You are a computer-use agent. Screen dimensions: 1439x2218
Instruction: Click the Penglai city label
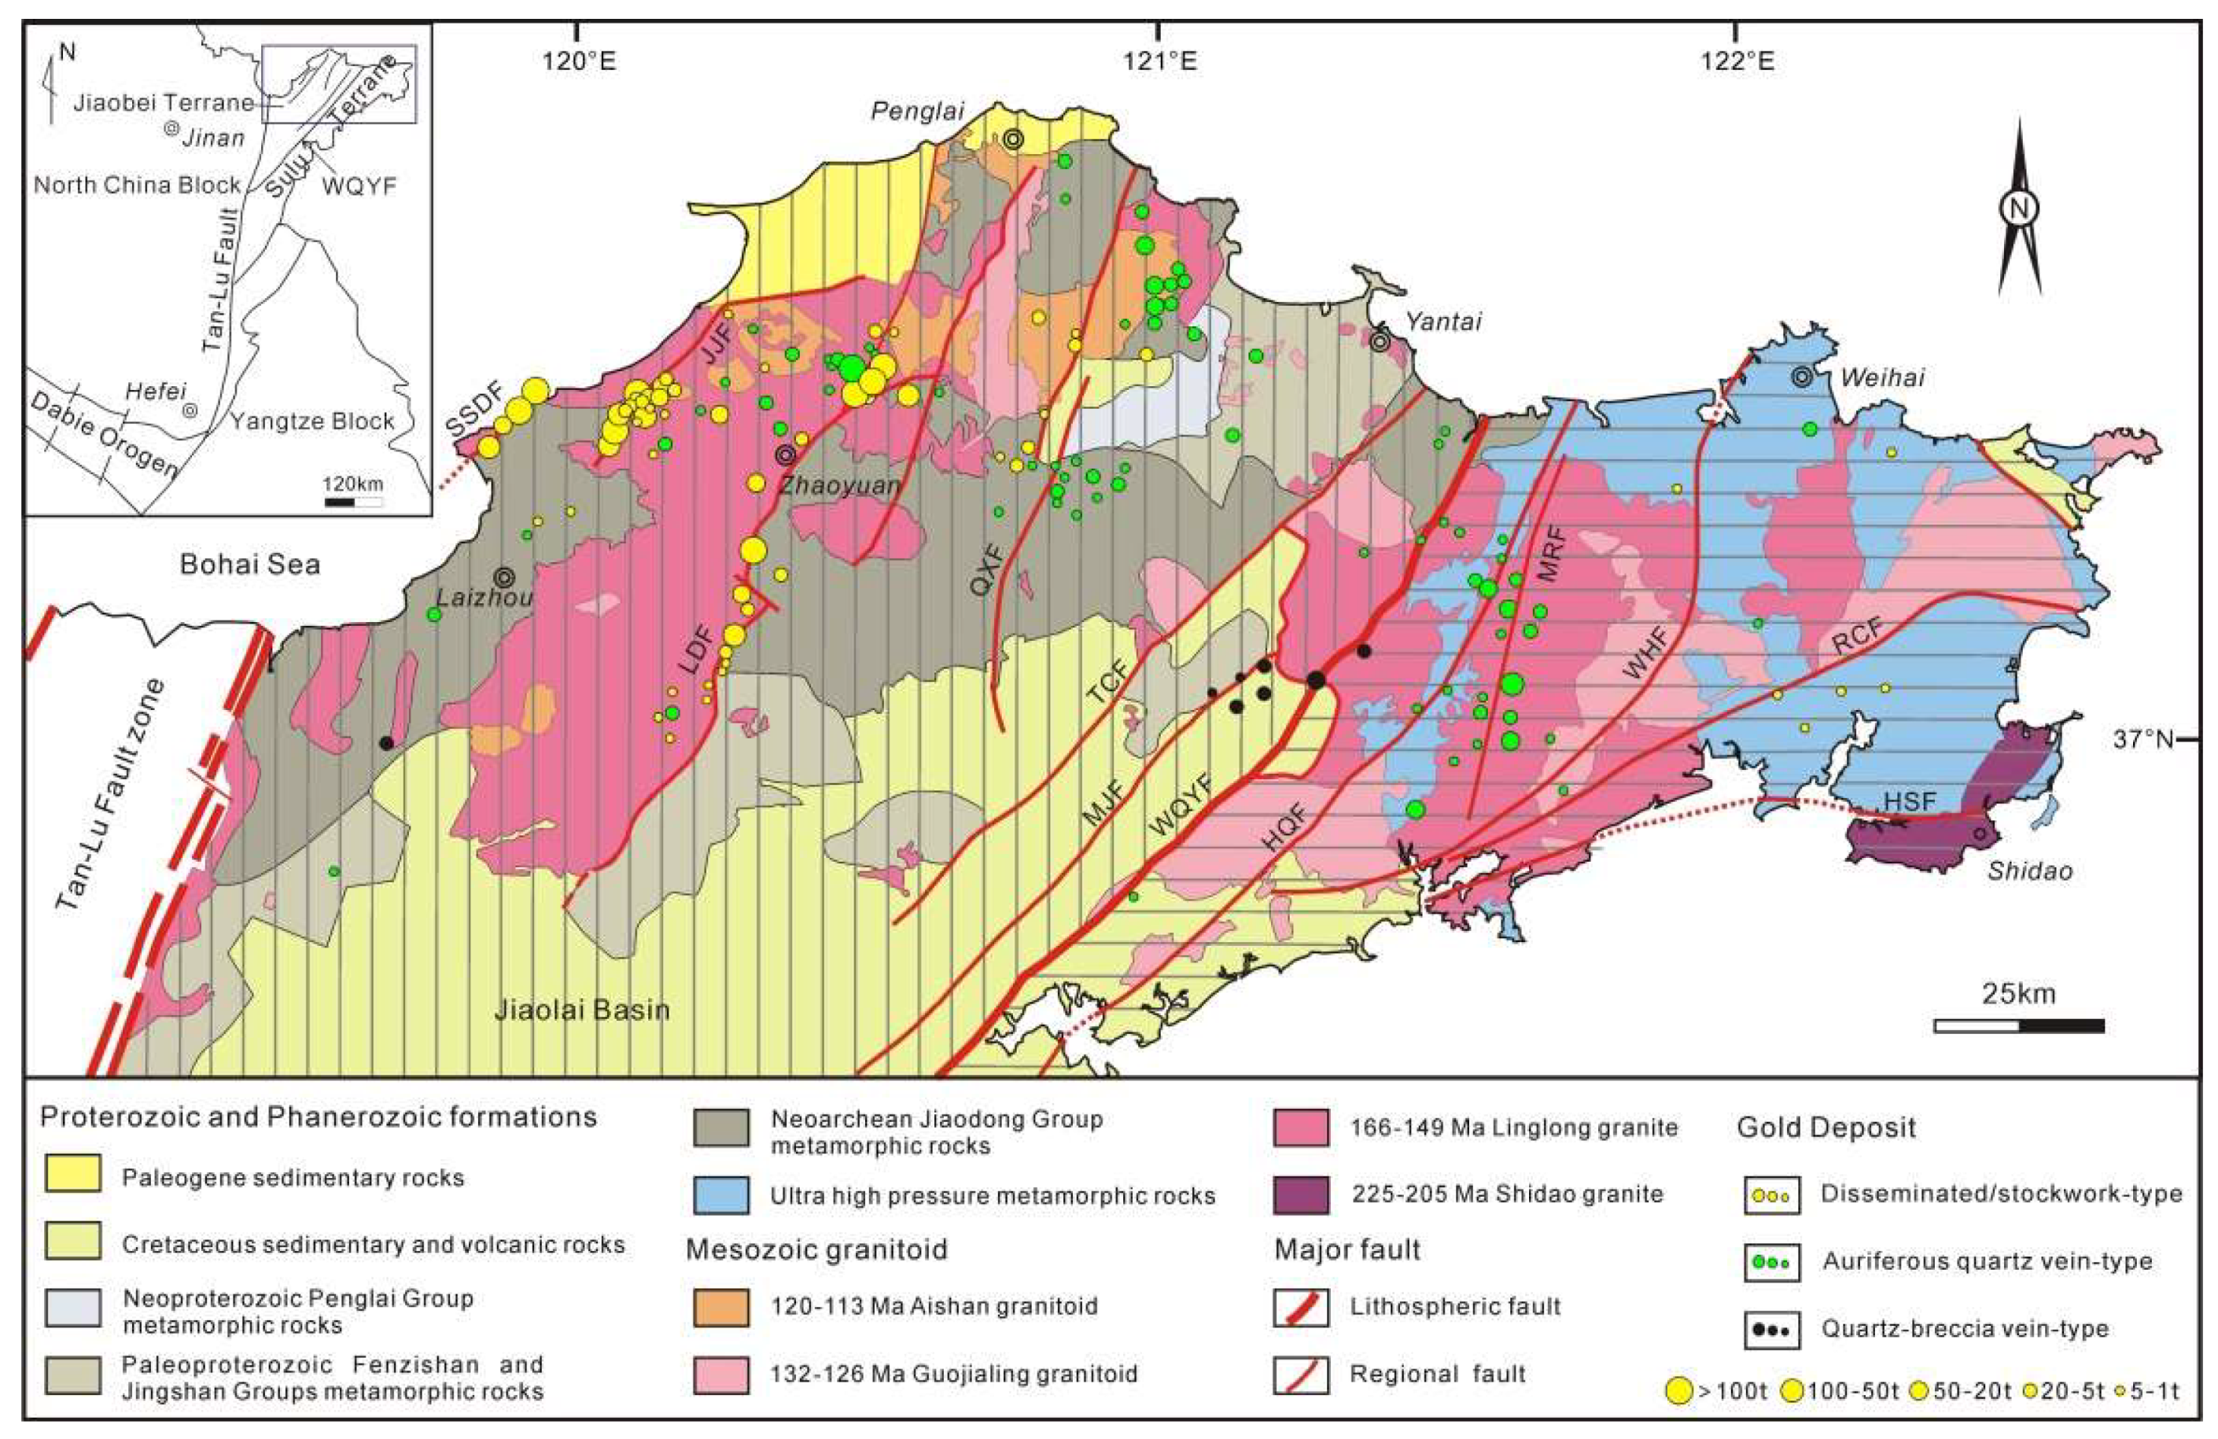(916, 112)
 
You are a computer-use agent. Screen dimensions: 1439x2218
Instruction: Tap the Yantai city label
(1442, 322)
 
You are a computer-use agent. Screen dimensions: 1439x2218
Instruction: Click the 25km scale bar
(2018, 1026)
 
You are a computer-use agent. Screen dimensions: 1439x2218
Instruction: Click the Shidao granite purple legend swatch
(1300, 1194)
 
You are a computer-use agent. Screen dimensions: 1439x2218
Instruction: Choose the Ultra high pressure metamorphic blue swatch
(720, 1194)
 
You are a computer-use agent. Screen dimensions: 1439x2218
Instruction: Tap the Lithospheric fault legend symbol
(1300, 1308)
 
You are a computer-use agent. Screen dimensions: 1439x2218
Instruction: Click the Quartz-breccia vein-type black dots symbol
(1771, 1331)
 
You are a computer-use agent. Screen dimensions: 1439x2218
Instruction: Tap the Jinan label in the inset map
(212, 138)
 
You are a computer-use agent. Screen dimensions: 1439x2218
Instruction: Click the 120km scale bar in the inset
(353, 502)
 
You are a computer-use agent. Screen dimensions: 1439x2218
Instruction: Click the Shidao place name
(2028, 871)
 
